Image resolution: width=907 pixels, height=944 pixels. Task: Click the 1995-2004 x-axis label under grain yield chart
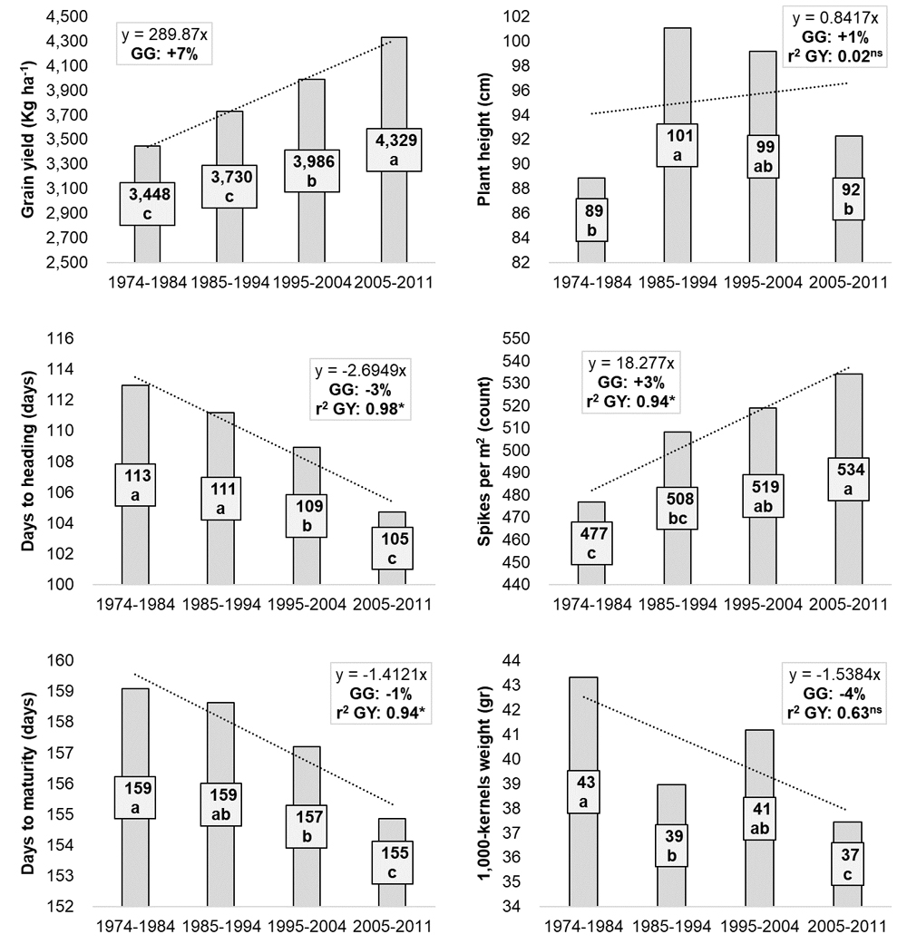tap(309, 281)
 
